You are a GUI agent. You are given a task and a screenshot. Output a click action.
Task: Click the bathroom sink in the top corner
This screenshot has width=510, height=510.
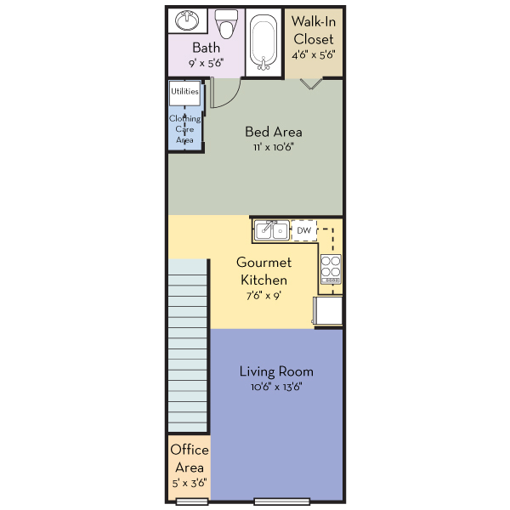(x=187, y=20)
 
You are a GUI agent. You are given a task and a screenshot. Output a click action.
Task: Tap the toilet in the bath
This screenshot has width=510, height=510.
(x=226, y=24)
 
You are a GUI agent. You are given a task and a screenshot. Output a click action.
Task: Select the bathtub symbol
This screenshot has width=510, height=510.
(x=263, y=42)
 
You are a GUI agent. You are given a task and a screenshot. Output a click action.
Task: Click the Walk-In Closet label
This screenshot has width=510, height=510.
(x=314, y=31)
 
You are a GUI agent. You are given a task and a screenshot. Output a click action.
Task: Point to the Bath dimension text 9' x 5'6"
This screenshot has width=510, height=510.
(x=207, y=63)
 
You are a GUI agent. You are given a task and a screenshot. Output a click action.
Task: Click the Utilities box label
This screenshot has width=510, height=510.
(x=184, y=92)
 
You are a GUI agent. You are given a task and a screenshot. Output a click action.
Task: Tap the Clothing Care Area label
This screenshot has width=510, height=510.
(x=184, y=129)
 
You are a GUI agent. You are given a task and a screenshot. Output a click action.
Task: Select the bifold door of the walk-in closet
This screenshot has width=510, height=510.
(x=311, y=83)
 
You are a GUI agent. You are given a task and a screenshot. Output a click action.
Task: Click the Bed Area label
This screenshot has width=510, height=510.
(x=274, y=132)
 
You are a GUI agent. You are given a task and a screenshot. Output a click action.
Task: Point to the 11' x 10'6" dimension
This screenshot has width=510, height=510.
(x=274, y=147)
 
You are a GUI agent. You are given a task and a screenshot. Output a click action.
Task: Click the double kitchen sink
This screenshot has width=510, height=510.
(x=272, y=230)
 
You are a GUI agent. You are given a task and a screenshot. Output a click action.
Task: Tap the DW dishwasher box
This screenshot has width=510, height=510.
(x=304, y=230)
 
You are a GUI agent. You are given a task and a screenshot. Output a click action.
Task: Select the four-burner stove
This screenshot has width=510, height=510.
(x=331, y=269)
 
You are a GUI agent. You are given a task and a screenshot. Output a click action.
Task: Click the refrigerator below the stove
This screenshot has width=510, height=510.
(x=328, y=310)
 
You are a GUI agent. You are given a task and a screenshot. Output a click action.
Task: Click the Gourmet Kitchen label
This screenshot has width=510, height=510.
(x=263, y=271)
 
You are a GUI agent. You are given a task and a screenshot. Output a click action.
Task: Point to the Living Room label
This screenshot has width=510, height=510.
(x=276, y=371)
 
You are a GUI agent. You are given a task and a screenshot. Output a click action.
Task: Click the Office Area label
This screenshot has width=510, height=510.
(x=190, y=459)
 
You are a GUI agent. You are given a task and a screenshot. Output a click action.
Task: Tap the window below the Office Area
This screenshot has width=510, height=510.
(x=192, y=501)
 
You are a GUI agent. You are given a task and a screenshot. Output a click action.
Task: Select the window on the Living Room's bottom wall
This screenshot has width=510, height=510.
(x=281, y=501)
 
